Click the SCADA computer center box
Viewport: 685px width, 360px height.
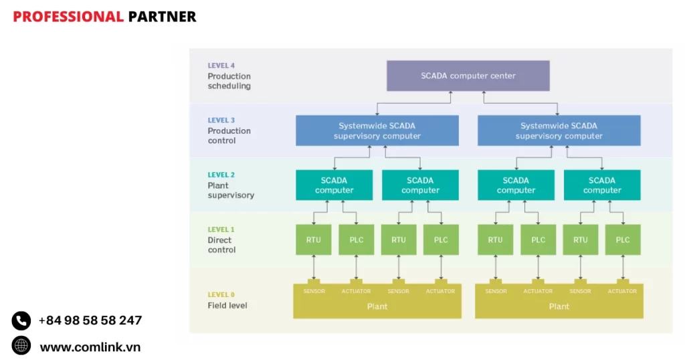[468, 76]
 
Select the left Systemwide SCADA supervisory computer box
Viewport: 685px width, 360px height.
[377, 130]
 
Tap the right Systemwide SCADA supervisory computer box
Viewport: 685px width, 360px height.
[559, 130]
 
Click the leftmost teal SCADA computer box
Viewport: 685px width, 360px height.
[334, 185]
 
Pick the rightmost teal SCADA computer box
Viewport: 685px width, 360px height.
[602, 185]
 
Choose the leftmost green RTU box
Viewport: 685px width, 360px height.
[313, 240]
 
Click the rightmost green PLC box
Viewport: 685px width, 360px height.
[623, 240]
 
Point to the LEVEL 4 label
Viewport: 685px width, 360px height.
[221, 66]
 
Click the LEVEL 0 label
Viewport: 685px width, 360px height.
[221, 294]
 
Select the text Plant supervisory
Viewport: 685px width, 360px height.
[231, 191]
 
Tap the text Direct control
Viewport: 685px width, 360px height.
[221, 245]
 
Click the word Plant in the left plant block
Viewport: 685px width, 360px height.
[377, 306]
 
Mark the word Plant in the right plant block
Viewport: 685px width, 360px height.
[559, 306]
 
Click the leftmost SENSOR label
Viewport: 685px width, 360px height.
[314, 291]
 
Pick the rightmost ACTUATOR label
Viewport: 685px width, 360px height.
[622, 291]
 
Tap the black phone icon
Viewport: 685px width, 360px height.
[21, 321]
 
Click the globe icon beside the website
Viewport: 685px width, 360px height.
[21, 345]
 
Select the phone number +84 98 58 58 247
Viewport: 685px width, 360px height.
[90, 321]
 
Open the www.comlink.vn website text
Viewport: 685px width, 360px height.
[90, 347]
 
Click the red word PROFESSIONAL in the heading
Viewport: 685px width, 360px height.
[68, 17]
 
